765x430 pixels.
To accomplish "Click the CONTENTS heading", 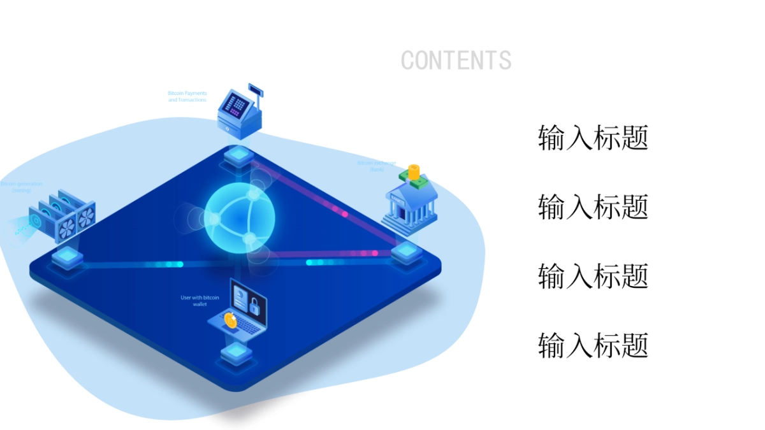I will pyautogui.click(x=456, y=61).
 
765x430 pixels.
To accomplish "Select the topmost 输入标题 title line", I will pyautogui.click(x=593, y=138).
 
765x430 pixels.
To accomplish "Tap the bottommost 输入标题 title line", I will pyautogui.click(x=593, y=345).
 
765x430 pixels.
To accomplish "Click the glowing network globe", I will pyautogui.click(x=240, y=218).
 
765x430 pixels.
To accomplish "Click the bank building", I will pyautogui.click(x=409, y=204).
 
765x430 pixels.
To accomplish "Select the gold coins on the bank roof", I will pyautogui.click(x=414, y=172).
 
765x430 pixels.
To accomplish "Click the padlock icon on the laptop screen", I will pyautogui.click(x=254, y=306).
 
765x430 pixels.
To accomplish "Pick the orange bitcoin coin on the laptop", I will pyautogui.click(x=230, y=321).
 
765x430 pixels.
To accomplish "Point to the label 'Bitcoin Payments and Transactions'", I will pyautogui.click(x=187, y=97).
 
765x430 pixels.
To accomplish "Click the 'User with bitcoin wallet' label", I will pyautogui.click(x=200, y=301).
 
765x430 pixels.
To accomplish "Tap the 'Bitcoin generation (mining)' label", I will pyautogui.click(x=21, y=187).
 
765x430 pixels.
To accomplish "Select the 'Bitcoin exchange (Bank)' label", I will pyautogui.click(x=376, y=166).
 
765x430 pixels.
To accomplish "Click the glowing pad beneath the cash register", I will pyautogui.click(x=238, y=154).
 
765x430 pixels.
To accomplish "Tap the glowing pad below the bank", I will pyautogui.click(x=405, y=252).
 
